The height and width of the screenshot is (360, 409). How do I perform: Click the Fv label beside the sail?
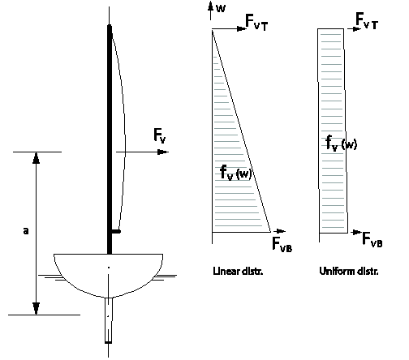160,135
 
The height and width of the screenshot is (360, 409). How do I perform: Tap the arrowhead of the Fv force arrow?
163,152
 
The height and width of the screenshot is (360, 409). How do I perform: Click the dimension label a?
26,231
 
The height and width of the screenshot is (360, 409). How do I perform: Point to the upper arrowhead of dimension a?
36,158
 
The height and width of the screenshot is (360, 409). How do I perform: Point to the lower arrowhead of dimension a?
36,309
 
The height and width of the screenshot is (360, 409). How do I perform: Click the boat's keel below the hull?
109,320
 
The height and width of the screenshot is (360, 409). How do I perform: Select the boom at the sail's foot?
116,231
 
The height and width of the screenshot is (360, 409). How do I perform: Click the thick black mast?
110,139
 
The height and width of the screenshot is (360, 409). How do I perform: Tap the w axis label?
221,8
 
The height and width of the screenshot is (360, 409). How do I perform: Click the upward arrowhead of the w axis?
211,6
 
